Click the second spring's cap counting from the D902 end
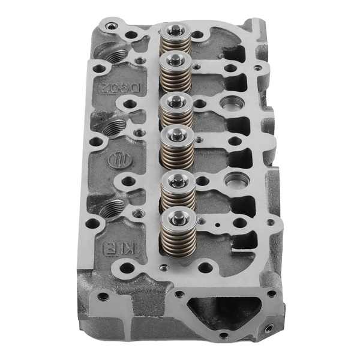tap(175, 59)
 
